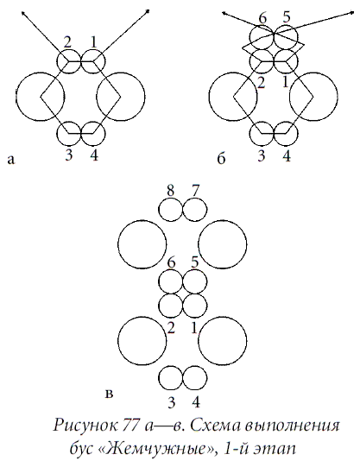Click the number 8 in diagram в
coord(170,191)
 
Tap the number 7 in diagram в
coord(195,191)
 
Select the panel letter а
coord(10,160)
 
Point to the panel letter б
coord(221,158)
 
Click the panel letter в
coord(110,394)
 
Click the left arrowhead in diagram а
coord(23,12)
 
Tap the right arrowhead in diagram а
coord(148,11)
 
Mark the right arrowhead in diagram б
coord(353,13)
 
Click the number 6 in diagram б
coord(262,18)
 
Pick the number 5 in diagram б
coord(286,17)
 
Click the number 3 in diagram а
coord(69,155)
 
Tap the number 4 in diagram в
coord(196,402)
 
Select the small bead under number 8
coord(170,210)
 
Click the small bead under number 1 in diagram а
coord(93,61)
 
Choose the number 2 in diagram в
coord(171,328)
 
